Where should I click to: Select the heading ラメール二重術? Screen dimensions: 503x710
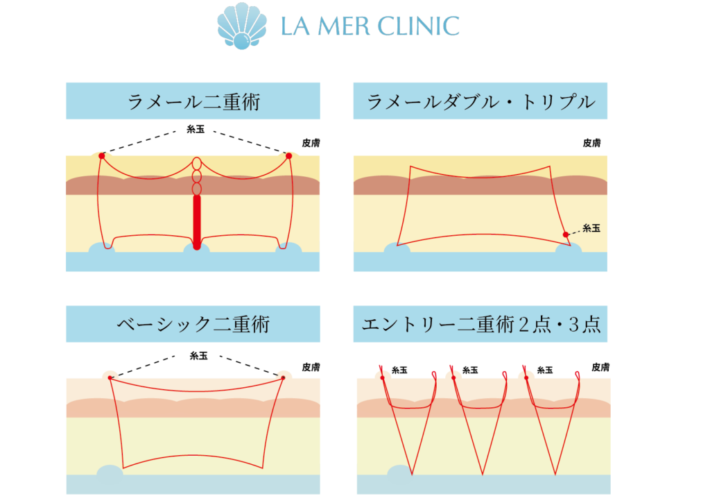(x=193, y=102)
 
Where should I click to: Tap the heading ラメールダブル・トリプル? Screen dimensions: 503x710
(x=480, y=102)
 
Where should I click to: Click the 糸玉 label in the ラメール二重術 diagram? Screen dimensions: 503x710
(x=196, y=129)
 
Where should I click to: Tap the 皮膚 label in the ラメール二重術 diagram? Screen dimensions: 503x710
(x=311, y=144)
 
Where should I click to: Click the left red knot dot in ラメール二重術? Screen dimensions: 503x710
(x=102, y=155)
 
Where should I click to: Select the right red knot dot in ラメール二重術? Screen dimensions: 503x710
(x=289, y=155)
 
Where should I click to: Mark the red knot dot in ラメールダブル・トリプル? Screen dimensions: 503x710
(x=566, y=235)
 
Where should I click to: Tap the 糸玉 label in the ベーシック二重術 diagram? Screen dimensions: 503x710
(x=198, y=355)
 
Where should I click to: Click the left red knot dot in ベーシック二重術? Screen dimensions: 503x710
(x=110, y=377)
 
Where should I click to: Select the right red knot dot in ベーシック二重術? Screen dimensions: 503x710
(x=284, y=377)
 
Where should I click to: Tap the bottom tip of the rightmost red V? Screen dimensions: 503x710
(x=555, y=475)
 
